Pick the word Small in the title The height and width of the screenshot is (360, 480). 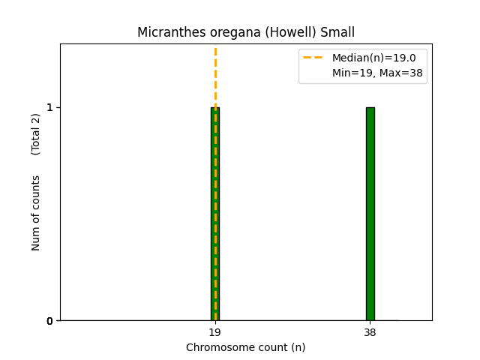click(337, 33)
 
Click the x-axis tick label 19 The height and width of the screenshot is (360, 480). click(215, 332)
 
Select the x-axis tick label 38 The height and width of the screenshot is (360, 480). click(370, 332)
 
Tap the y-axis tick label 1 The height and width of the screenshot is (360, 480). click(49, 107)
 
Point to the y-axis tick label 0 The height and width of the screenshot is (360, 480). click(49, 321)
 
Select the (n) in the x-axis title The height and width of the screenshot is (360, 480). click(298, 347)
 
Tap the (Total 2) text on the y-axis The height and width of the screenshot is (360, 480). click(36, 133)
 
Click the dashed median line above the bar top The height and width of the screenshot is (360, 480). click(215, 75)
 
